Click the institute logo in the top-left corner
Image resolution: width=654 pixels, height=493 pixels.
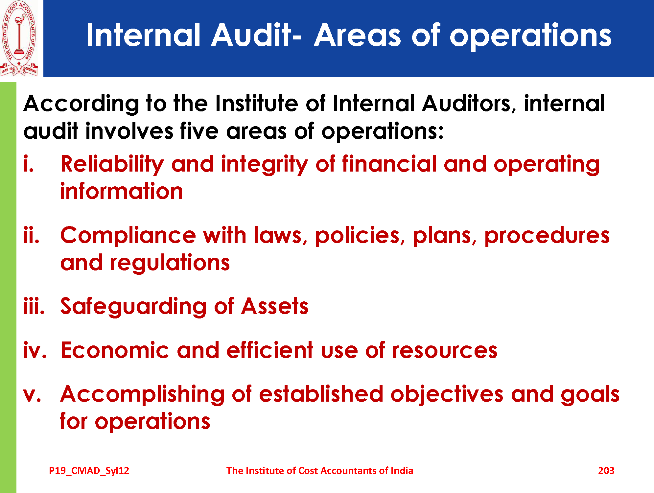pos(19,38)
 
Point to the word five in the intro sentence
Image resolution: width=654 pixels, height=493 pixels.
pos(199,131)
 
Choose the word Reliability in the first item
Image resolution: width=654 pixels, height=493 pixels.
pos(112,164)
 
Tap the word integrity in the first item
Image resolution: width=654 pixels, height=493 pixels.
pos(264,164)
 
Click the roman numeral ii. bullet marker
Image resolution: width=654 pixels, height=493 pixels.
pos(32,235)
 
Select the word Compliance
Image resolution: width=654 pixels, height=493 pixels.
pos(128,236)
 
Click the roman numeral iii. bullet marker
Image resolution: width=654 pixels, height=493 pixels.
pos(34,306)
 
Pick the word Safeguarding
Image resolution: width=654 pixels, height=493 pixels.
pos(134,306)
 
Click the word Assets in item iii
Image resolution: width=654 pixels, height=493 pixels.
pos(275,306)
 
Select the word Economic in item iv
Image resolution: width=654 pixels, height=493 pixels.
pos(115,350)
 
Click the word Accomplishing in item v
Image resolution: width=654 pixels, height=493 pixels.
pos(142,394)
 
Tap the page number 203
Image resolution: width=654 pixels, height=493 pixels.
pos(606,471)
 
